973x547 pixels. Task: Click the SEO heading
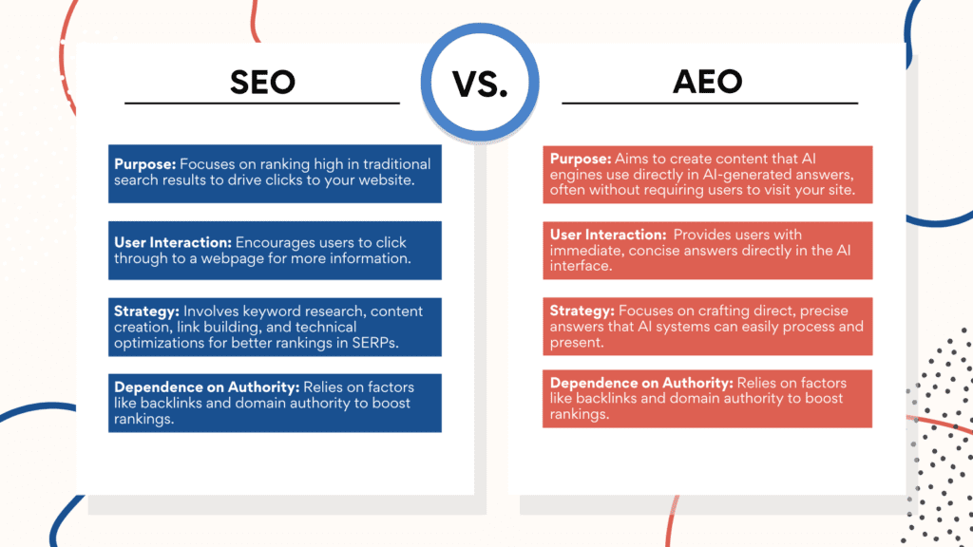click(x=262, y=82)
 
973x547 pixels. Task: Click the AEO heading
click(x=708, y=82)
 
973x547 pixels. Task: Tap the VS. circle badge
click(x=481, y=84)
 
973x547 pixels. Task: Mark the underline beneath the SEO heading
click(x=262, y=103)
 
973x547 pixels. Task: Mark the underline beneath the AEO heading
click(x=709, y=103)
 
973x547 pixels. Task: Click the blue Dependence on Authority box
click(x=275, y=403)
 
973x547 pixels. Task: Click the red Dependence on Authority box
click(x=707, y=399)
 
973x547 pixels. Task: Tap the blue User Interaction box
click(x=275, y=251)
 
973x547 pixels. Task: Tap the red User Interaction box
click(x=707, y=251)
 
